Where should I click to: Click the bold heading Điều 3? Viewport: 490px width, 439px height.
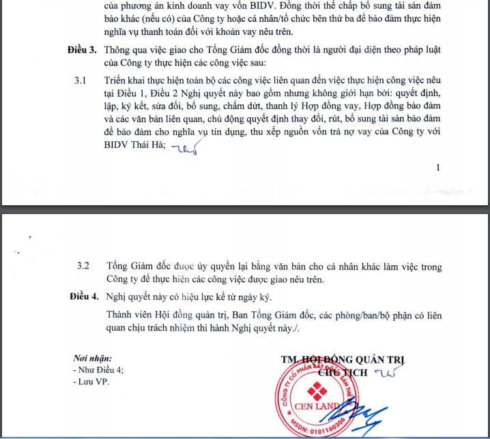pos(83,50)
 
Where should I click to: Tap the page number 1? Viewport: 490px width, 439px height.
pos(437,168)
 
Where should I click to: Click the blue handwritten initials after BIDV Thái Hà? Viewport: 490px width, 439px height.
pos(184,149)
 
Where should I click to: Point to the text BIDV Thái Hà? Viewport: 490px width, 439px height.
pos(136,146)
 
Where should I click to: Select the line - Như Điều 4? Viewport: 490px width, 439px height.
pos(98,370)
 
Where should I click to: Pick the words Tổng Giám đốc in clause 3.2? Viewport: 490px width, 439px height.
pos(139,265)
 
